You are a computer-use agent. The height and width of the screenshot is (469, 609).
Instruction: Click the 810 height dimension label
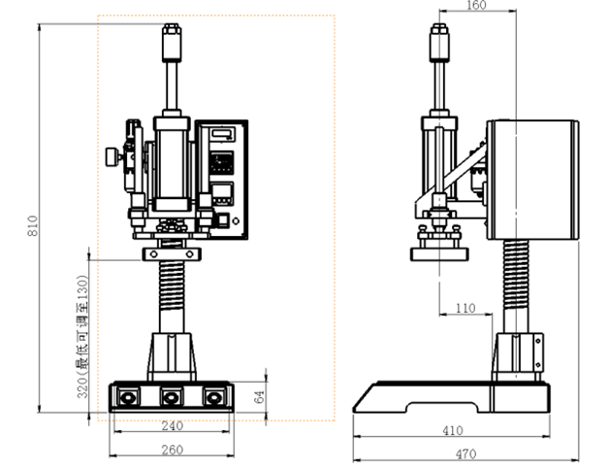[x=32, y=225]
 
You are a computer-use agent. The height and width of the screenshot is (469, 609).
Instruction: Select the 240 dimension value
[x=172, y=426]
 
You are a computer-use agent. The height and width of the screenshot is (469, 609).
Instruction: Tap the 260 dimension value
[x=172, y=450]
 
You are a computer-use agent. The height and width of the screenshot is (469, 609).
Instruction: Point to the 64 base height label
[x=259, y=397]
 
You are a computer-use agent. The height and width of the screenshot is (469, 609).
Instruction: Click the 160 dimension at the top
[x=476, y=5]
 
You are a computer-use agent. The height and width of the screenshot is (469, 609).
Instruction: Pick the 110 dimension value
[x=465, y=309]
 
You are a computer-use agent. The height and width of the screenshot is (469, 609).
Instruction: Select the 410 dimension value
[x=453, y=430]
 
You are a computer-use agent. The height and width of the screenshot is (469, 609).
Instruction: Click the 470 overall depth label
[x=465, y=453]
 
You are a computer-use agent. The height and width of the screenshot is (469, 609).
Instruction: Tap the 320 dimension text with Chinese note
[x=82, y=337]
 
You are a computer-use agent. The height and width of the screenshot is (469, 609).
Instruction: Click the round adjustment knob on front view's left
[x=112, y=156]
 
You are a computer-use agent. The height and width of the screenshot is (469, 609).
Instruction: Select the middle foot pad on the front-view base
[x=171, y=397]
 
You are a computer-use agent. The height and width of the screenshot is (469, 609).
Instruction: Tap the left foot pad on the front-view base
[x=128, y=397]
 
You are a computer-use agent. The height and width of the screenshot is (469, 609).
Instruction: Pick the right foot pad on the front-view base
[x=213, y=397]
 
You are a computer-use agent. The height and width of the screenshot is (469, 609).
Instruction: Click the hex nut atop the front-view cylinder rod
[x=172, y=28]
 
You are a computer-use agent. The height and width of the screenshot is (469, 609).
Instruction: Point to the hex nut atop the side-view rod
[x=439, y=28]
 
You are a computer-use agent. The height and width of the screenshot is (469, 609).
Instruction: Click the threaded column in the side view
[x=516, y=275]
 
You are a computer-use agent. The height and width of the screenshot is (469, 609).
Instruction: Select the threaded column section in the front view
[x=172, y=285]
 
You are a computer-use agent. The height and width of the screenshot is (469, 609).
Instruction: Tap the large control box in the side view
[x=533, y=180]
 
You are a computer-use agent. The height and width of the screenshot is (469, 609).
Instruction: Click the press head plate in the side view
[x=439, y=254]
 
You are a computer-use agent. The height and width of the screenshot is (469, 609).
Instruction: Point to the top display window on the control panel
[x=223, y=134]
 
